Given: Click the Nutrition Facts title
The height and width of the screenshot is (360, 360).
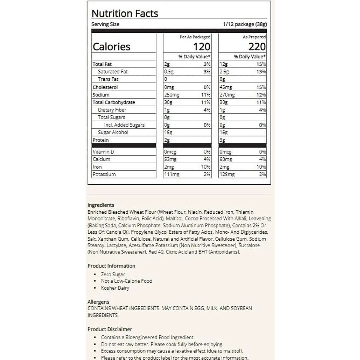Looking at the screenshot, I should click(x=124, y=13).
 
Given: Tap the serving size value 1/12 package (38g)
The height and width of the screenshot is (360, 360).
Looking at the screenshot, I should click(x=245, y=24).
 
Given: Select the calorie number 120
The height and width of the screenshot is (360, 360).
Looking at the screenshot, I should click(x=202, y=47).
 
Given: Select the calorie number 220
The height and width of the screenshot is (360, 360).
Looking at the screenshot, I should click(x=257, y=47).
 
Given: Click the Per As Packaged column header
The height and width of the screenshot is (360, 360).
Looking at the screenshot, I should click(x=195, y=37).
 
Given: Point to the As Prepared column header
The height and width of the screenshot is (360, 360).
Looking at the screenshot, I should click(x=254, y=37).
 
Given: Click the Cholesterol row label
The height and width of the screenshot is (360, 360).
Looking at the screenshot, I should click(x=105, y=87).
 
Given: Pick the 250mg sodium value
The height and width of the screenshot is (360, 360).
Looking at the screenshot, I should click(x=172, y=95).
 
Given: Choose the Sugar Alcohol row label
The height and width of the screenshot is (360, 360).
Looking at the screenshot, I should click(x=113, y=132).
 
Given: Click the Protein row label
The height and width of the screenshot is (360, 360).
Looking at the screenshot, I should click(x=100, y=140).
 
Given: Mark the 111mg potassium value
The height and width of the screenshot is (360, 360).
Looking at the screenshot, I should click(x=172, y=174).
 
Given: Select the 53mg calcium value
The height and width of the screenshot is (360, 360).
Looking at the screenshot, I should click(x=170, y=159).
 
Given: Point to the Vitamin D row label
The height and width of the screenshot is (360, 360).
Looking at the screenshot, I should click(x=103, y=152).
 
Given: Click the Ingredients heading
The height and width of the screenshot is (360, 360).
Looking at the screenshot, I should click(x=101, y=205).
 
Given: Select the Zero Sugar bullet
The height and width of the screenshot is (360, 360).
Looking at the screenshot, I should click(x=113, y=274).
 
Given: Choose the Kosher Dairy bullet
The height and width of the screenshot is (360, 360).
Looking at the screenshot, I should click(x=115, y=288).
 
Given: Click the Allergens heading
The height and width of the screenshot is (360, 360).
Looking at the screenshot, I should click(x=98, y=302).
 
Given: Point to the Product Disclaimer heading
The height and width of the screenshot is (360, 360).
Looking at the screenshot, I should click(x=110, y=329).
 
